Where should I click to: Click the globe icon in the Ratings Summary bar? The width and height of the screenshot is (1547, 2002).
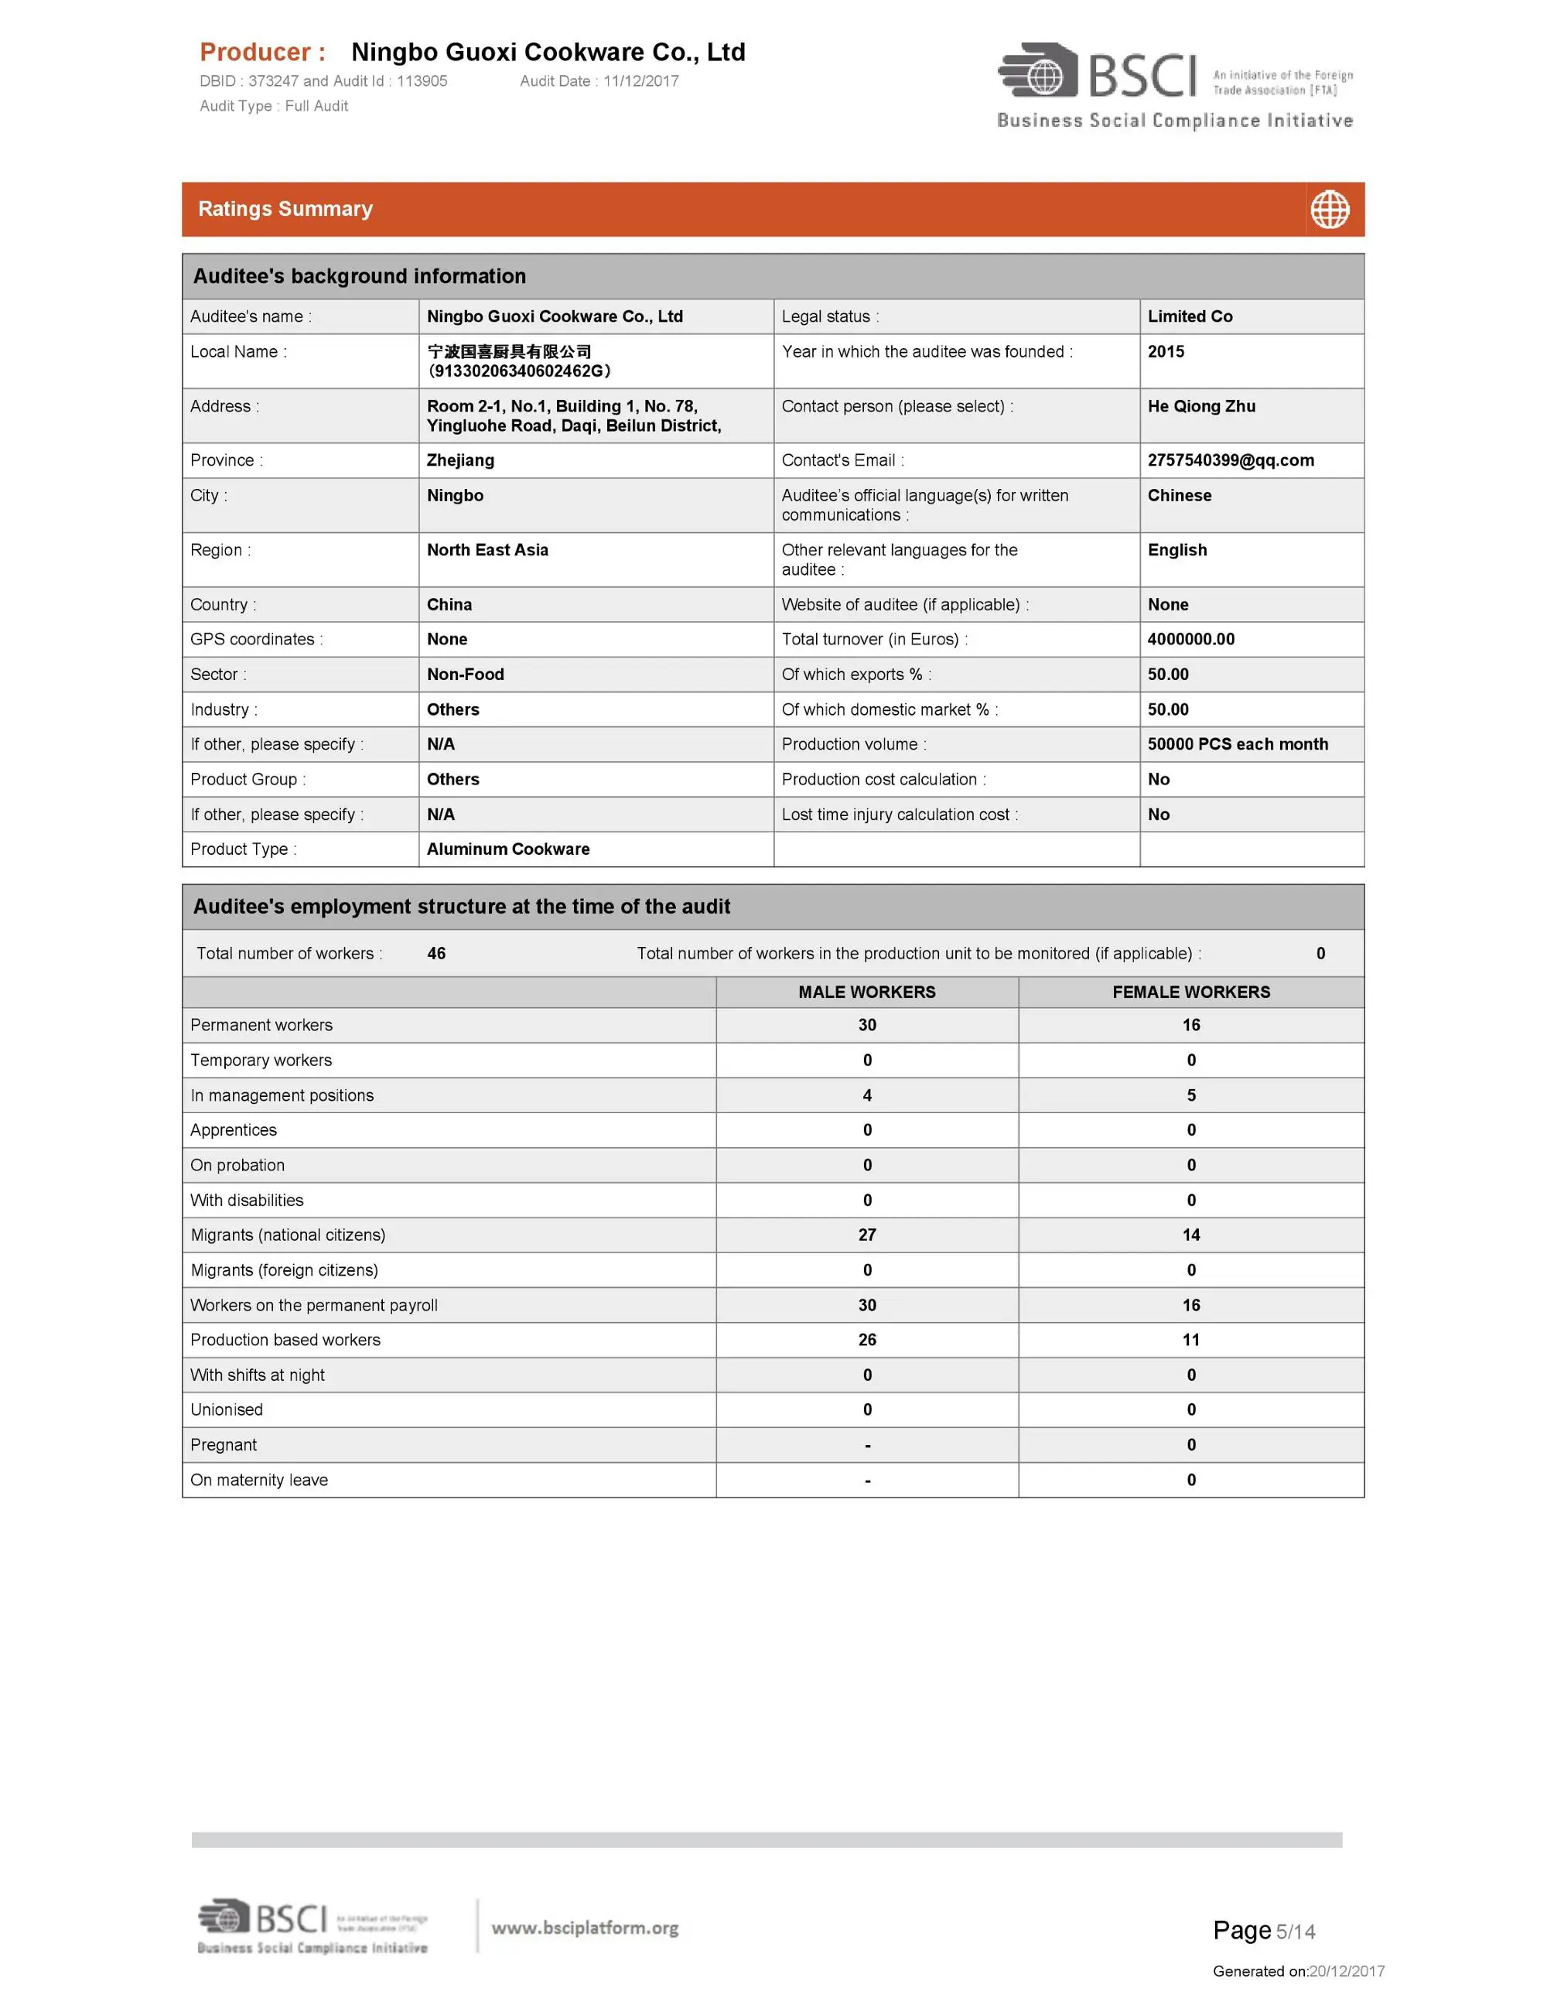1329,210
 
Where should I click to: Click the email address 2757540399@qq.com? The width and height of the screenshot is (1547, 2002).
1230,460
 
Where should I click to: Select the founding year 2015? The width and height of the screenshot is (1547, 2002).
1166,352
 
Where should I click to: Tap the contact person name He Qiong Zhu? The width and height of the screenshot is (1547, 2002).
1200,406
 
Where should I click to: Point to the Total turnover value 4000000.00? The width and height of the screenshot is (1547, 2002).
1190,639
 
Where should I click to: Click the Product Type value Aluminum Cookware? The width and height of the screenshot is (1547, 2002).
507,849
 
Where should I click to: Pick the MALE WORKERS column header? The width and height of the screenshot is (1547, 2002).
866,992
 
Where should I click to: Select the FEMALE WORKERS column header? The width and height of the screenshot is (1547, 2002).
1190,992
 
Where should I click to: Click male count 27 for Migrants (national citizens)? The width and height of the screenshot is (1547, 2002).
867,1235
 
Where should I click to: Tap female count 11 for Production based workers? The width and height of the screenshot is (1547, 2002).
1190,1339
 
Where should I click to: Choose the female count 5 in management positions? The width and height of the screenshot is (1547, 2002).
1190,1095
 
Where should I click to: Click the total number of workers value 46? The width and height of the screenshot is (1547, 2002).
436,953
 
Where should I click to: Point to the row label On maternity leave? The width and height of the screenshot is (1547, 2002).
259,1480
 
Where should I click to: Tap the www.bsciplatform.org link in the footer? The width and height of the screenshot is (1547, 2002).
585,1928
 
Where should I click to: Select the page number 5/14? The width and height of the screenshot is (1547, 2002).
1295,1932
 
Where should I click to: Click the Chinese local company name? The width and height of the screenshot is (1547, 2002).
509,352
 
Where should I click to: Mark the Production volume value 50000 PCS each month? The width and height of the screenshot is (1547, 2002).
1238,744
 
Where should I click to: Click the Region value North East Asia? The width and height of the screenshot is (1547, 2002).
487,550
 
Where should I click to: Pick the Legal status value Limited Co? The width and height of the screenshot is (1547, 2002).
1190,316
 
